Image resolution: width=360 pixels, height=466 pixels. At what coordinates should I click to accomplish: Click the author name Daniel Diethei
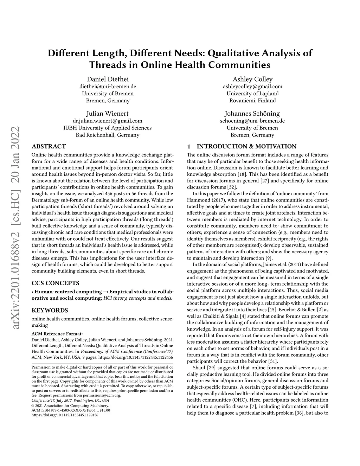click(108, 79)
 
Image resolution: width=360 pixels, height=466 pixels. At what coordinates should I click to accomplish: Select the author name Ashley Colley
click(252, 79)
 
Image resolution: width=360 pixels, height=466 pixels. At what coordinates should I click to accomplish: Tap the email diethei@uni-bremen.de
click(108, 87)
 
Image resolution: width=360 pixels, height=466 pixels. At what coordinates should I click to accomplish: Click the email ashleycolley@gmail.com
click(252, 87)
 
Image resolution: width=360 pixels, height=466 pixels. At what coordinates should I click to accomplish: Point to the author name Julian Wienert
click(108, 114)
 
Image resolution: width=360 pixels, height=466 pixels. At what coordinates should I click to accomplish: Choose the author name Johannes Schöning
click(252, 114)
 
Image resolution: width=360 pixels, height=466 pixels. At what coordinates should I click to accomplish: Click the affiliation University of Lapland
click(252, 94)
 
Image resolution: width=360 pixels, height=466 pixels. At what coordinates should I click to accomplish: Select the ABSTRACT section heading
click(49, 146)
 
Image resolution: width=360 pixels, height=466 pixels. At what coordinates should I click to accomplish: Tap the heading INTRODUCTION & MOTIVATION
click(246, 146)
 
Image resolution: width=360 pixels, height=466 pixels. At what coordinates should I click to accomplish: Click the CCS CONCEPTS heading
click(55, 283)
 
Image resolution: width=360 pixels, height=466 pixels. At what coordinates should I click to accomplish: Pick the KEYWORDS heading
click(50, 311)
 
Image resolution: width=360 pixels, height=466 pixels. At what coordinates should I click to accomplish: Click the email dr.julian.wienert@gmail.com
click(108, 121)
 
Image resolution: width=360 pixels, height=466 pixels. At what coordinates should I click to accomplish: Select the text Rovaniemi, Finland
click(252, 101)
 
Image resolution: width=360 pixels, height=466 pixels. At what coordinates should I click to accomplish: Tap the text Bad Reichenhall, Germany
click(108, 135)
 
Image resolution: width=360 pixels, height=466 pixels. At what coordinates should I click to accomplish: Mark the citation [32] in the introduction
click(232, 187)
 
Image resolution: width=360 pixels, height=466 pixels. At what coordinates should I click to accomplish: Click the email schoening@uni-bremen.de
click(252, 121)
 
